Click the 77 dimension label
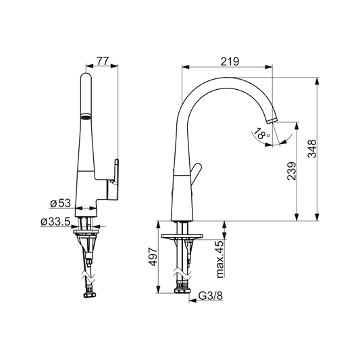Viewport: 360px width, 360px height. pos(102,61)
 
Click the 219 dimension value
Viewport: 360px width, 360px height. pos(230,61)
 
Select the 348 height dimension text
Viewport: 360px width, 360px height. pos(312,149)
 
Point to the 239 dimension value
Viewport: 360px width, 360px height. pos(292,172)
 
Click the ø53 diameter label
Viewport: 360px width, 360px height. pos(60,203)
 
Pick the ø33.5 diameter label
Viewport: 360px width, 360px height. pos(55,222)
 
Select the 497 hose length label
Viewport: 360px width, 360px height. pos(153,257)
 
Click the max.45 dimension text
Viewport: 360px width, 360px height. pos(220,259)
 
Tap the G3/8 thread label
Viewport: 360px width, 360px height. pos(211,296)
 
